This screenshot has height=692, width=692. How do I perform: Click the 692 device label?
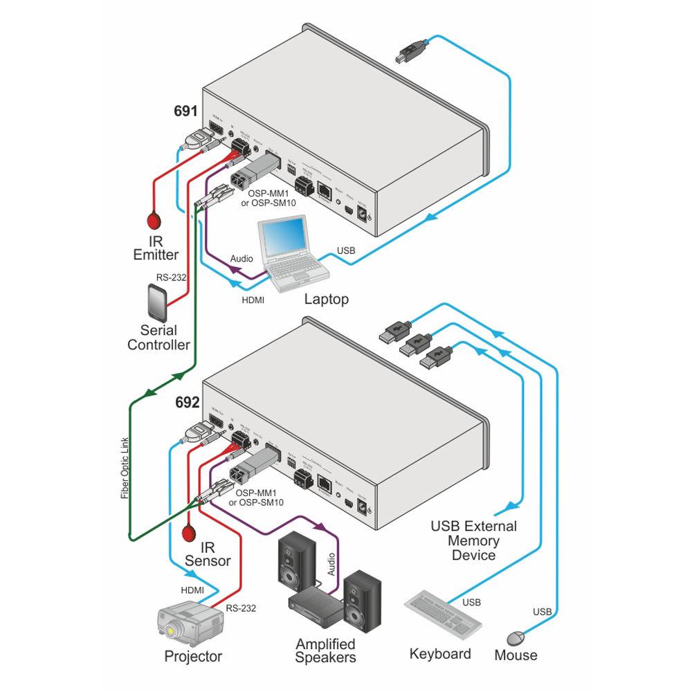tap(187, 401)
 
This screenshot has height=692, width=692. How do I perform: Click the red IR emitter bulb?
tap(154, 221)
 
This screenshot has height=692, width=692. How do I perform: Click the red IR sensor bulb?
tap(188, 534)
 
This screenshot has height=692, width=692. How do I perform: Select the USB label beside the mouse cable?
tap(543, 612)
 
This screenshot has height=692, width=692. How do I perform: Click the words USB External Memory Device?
tap(473, 540)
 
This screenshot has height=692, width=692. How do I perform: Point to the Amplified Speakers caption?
tap(325, 650)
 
